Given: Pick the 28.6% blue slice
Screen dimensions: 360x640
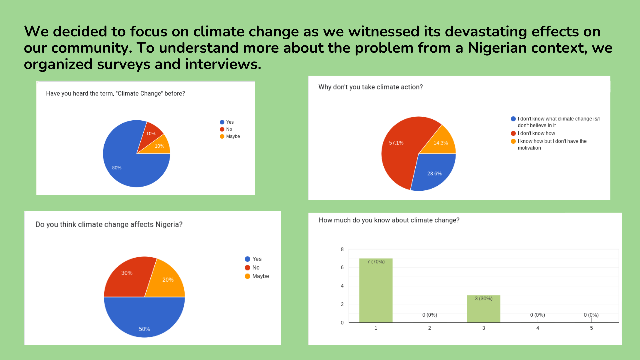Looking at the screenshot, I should click(x=433, y=172).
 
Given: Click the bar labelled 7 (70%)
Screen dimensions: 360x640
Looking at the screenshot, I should click(x=376, y=290).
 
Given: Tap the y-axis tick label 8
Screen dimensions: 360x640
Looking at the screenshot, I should click(x=342, y=249).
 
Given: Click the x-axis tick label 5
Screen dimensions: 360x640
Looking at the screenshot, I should click(x=591, y=328).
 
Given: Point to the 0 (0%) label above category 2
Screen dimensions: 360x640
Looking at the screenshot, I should click(x=429, y=315).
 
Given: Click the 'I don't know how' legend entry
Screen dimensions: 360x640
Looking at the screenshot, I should click(x=536, y=133).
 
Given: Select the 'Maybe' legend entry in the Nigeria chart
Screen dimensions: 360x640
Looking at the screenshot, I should click(x=260, y=276).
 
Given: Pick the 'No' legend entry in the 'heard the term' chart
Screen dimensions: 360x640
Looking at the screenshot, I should click(x=229, y=129).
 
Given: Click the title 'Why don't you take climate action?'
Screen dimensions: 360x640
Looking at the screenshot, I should click(x=370, y=87).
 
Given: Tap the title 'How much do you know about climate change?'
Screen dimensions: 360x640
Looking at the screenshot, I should click(x=389, y=220).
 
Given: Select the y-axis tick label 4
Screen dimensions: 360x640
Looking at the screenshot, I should click(x=342, y=286).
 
